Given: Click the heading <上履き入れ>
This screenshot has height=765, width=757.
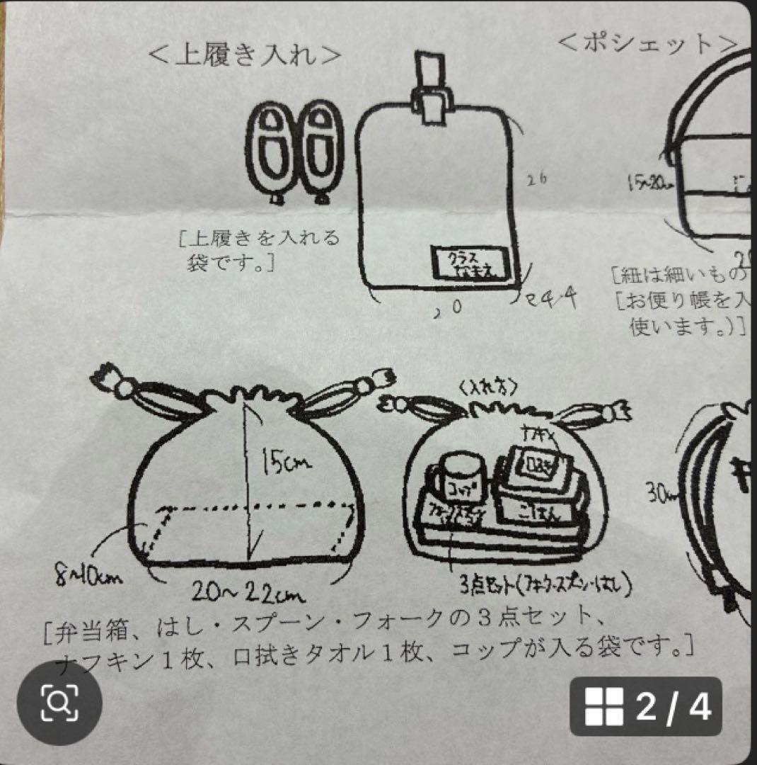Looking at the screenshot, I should pos(245,55).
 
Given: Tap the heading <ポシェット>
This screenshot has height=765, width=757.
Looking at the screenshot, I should pos(647,44).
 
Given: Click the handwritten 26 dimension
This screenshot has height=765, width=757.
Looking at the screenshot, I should pos(538,179).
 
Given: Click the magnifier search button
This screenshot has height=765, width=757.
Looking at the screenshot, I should pos(59,703).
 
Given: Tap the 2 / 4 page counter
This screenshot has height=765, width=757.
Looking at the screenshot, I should pos(645,706).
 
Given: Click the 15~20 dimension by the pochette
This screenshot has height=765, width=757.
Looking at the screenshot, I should pos(649,182).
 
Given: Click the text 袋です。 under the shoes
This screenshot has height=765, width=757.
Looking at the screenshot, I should pos(227,265).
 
